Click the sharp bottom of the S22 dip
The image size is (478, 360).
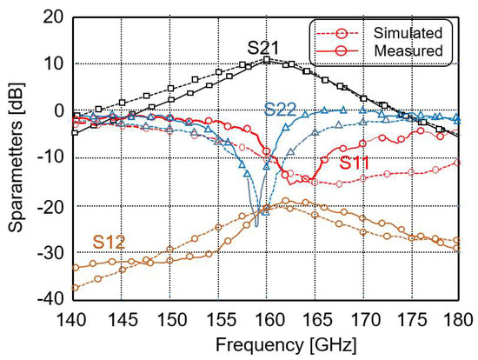256,226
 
